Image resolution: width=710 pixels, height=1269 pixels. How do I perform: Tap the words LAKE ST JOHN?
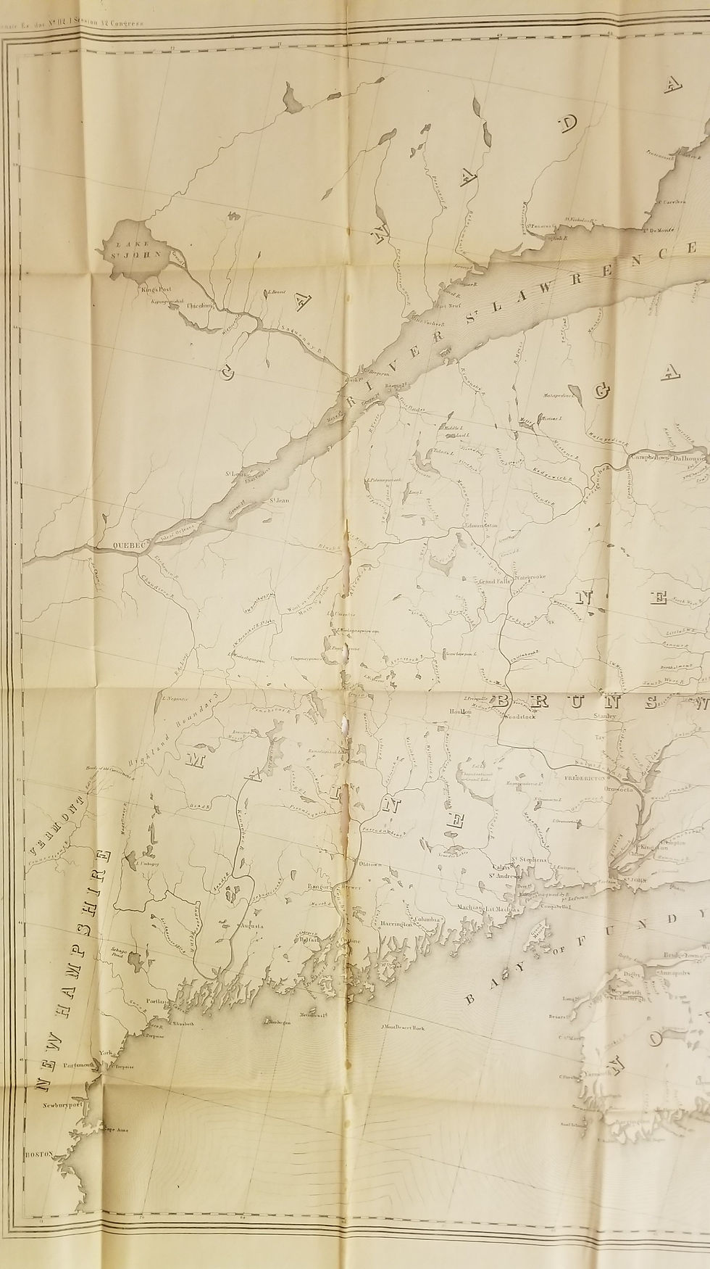128,249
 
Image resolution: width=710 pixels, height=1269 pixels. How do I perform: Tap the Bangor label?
318,886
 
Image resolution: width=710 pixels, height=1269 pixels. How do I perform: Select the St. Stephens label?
529,860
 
